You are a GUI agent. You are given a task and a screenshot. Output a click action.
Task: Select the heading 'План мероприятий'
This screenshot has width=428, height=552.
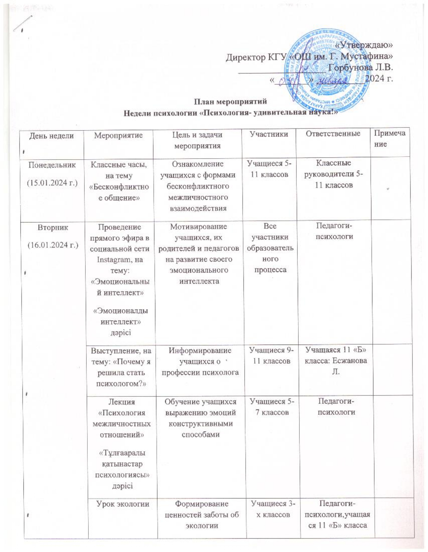click(231, 101)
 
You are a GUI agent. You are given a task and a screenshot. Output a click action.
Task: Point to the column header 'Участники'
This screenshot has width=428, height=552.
click(269, 134)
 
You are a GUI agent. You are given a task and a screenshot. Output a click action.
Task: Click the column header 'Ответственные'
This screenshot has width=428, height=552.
click(333, 134)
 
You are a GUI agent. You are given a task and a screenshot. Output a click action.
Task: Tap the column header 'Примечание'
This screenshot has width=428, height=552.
click(389, 139)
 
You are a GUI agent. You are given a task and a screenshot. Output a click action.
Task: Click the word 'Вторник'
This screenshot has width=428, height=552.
click(53, 227)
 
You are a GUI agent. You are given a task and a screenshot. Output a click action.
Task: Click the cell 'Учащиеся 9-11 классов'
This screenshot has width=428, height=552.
click(271, 356)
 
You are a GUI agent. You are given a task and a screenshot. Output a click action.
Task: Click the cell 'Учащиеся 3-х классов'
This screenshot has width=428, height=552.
click(271, 509)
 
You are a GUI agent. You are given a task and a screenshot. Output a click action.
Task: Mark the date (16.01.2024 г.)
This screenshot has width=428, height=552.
click(53, 245)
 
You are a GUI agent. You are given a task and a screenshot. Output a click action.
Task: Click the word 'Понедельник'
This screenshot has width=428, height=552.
click(52, 165)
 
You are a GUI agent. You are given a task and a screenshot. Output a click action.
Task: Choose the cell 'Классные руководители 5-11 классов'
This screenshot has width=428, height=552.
click(334, 174)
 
